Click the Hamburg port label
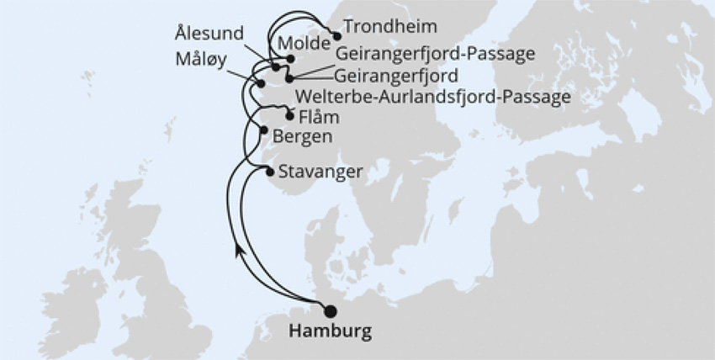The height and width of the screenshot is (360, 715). coord(330,331)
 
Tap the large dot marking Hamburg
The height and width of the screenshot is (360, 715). coord(330,310)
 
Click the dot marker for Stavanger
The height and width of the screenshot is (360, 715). coord(269,172)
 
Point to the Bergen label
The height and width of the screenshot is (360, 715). coord(301,135)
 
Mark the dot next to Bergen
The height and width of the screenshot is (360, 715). coord(264,130)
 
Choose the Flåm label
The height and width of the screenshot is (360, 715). coord(319,117)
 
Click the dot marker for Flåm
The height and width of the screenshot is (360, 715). coord(290,116)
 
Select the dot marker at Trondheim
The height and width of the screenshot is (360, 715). coord(336,36)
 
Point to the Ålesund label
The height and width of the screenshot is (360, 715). coord(209,34)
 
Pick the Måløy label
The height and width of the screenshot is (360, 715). coord(200,61)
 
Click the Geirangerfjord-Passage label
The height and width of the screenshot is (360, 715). coord(435,55)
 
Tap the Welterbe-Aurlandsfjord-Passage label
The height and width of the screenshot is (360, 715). coord(434,97)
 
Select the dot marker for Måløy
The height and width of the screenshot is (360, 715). coord(261,83)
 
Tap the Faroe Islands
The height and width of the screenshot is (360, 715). coord(168,130)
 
